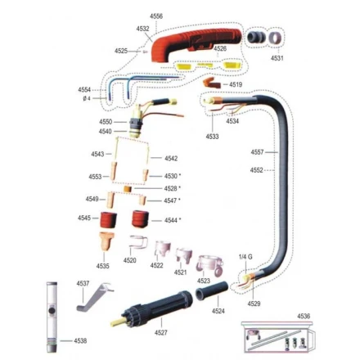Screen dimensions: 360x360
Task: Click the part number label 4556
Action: click(x=156, y=16)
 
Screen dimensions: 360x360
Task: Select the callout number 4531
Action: click(x=277, y=58)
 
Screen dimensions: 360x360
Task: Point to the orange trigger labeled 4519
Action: click(x=211, y=83)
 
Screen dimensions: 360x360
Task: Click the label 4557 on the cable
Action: click(x=257, y=152)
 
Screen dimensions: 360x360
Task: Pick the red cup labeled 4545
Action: click(x=109, y=219)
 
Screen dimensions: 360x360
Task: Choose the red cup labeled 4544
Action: click(x=141, y=218)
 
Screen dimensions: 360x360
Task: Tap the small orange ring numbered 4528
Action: click(x=128, y=189)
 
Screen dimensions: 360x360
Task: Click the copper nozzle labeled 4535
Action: click(x=106, y=241)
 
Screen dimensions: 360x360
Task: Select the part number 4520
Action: click(x=129, y=260)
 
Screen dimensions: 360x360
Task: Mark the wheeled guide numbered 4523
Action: click(x=210, y=266)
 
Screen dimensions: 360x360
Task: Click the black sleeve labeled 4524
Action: click(x=211, y=290)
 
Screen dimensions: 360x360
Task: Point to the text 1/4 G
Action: click(x=245, y=257)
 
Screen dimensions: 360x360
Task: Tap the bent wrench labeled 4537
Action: click(x=94, y=297)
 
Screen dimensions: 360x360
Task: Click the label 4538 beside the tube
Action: click(x=80, y=340)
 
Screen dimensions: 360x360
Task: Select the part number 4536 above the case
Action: click(x=304, y=316)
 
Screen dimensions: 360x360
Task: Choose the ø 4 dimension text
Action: click(x=87, y=98)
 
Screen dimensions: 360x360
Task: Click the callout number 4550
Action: click(x=106, y=122)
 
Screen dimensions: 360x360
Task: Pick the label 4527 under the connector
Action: click(x=161, y=332)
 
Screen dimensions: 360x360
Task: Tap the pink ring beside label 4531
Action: click(x=275, y=38)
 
